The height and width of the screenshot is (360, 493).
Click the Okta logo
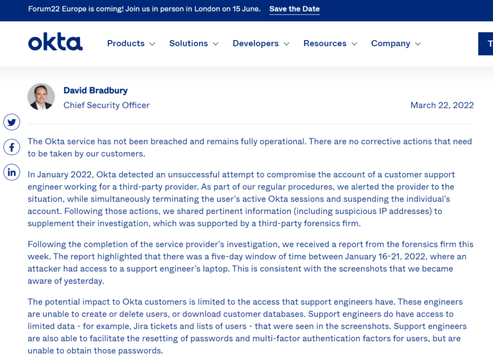pos(55,43)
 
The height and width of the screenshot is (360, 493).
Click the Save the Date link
pos(294,9)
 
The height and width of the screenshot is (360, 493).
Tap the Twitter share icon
pos(12,122)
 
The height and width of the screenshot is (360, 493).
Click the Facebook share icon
pos(12,147)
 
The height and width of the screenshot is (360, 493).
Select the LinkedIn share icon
pos(12,172)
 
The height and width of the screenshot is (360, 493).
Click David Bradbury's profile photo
pos(41,96)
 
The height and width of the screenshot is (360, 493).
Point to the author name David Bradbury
pos(95,90)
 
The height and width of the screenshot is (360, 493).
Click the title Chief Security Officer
pos(106,105)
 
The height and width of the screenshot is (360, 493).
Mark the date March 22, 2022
pos(441,105)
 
